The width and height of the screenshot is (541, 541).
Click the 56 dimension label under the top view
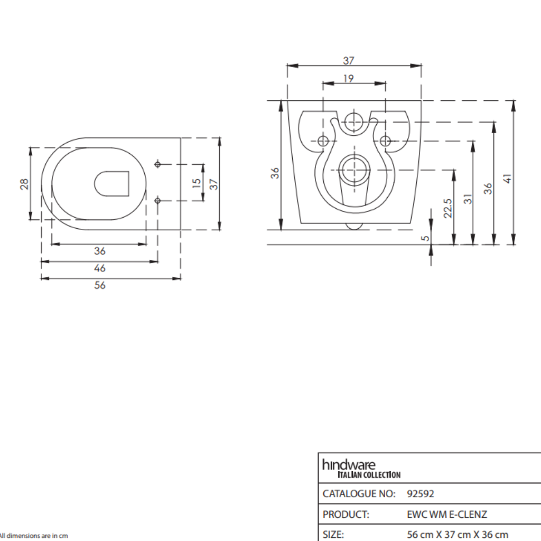[100, 285]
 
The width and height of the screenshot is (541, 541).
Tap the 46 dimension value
[100, 268]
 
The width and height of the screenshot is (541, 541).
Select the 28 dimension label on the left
[24, 184]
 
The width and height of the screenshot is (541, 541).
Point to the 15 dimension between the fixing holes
[196, 183]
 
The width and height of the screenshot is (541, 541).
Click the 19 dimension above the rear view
[349, 79]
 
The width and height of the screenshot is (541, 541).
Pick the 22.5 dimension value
[447, 208]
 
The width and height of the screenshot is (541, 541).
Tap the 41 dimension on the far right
[508, 179]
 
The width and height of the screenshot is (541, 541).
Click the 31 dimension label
[468, 199]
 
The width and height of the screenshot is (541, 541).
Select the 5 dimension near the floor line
[426, 238]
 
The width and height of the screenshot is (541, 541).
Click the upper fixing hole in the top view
[157, 164]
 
